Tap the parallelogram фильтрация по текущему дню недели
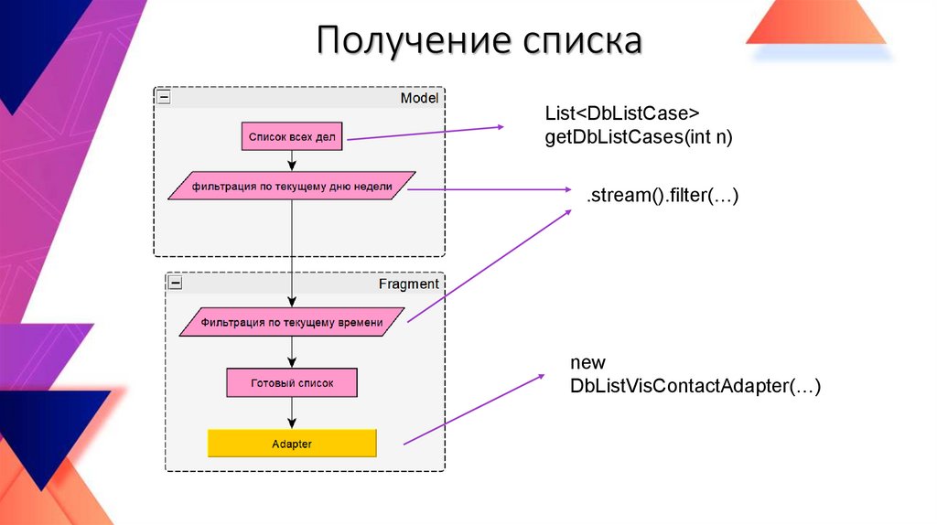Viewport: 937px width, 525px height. [x=292, y=186]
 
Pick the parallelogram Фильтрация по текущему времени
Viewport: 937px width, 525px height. [x=292, y=322]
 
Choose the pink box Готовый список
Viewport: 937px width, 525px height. [x=292, y=382]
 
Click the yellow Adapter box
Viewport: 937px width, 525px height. [x=292, y=444]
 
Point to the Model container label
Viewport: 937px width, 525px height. [x=419, y=98]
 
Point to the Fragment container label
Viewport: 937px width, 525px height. [x=408, y=284]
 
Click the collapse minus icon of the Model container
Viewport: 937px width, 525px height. [x=164, y=97]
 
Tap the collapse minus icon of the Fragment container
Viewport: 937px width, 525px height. [x=176, y=284]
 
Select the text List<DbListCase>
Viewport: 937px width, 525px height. [x=622, y=113]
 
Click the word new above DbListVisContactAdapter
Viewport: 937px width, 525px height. [x=587, y=363]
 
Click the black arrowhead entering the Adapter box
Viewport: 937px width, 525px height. [x=292, y=423]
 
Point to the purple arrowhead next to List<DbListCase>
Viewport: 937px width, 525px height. [x=500, y=127]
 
